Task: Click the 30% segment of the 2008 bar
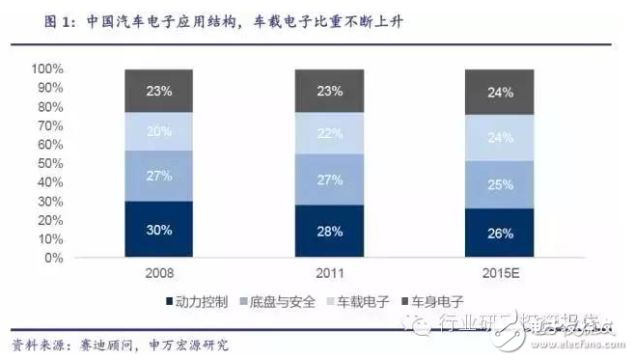[x=160, y=230]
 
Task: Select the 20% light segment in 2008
[x=160, y=132]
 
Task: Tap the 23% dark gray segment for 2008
[x=160, y=91]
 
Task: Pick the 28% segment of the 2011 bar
[x=329, y=232]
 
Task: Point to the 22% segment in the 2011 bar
[x=329, y=134]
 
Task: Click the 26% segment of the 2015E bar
[x=499, y=234]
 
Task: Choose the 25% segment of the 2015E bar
[x=499, y=184]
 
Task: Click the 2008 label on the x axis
[x=160, y=273]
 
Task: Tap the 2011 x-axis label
[x=329, y=273]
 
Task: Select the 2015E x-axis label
[x=499, y=273]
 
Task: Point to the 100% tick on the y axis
[x=47, y=69]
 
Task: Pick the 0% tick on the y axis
[x=54, y=259]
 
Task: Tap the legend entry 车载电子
[x=363, y=303]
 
